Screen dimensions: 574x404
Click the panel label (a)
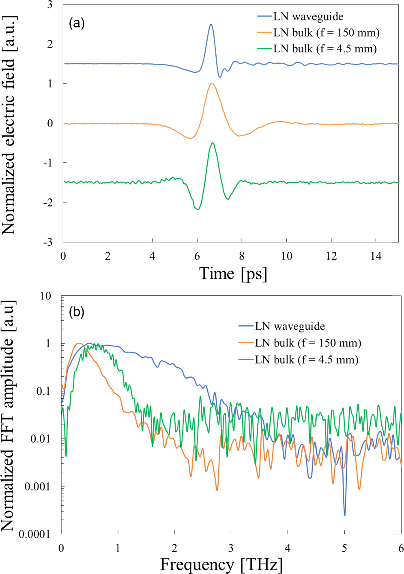77,23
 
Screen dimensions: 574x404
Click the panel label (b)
77,312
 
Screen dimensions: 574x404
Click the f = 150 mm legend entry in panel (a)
326,32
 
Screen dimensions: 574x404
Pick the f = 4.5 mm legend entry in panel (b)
306,359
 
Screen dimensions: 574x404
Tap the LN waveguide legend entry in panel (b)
290,326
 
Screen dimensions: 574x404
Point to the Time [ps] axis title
233,274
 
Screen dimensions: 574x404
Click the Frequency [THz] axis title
221,564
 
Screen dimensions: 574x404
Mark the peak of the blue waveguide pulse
211,24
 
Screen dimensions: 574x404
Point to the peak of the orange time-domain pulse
211,84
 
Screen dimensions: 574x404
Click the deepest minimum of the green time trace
198,209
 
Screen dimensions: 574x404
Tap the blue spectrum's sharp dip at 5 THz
345,515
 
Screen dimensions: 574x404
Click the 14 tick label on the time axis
376,256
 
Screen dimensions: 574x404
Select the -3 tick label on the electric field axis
48,242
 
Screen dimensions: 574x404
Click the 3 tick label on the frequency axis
231,548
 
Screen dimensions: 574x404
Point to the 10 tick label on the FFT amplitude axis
45,296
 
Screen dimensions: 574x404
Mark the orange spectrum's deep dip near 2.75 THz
217,490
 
